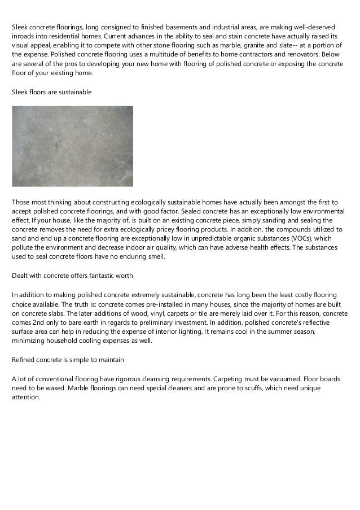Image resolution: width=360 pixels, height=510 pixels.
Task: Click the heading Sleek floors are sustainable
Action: pyautogui.click(x=52, y=91)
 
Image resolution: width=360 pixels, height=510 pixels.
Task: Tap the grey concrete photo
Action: pyautogui.click(x=72, y=146)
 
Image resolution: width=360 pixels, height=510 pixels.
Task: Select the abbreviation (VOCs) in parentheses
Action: pyautogui.click(x=288, y=238)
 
